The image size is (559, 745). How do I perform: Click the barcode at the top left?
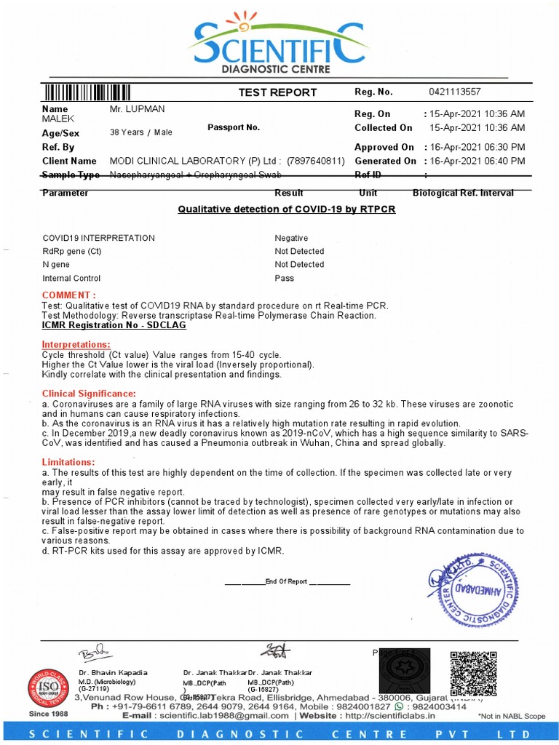point(87,92)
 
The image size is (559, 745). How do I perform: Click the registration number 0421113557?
point(455,92)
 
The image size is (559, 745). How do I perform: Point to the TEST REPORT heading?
point(277,92)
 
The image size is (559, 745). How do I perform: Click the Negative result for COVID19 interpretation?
point(291,238)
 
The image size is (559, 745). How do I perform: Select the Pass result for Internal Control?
point(284,278)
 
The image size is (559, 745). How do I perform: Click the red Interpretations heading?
point(76,344)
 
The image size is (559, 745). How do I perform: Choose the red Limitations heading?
point(68,462)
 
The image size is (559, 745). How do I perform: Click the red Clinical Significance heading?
point(89,394)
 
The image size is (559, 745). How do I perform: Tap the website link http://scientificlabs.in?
point(385,716)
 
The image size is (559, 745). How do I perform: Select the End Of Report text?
point(287,582)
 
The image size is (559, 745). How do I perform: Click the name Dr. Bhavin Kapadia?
point(113,672)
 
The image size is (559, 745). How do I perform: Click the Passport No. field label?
point(234,127)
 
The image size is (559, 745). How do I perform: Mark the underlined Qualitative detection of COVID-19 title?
point(287,210)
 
